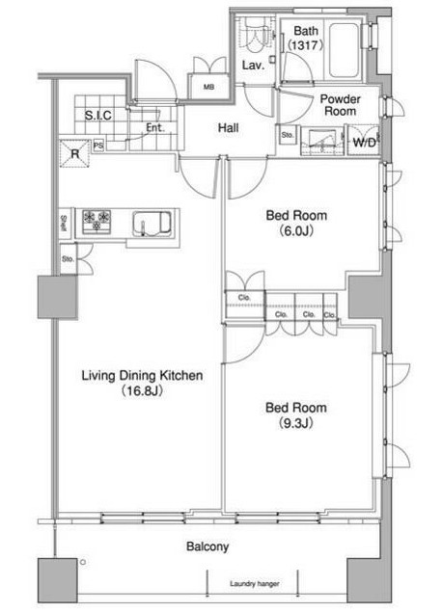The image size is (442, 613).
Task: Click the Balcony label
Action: tap(207, 546)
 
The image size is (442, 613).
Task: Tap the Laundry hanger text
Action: tap(255, 584)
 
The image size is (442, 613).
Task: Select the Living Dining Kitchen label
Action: tap(142, 376)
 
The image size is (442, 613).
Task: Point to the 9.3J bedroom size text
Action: tap(296, 423)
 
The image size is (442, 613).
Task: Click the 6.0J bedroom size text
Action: tap(296, 231)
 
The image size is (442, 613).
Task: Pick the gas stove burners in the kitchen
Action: tap(97, 222)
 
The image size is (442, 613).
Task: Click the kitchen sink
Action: tap(152, 224)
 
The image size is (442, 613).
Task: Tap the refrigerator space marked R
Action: tap(74, 153)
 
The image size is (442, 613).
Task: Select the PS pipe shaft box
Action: tap(98, 146)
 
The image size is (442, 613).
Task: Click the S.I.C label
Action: tap(98, 116)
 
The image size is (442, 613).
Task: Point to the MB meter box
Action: tap(208, 87)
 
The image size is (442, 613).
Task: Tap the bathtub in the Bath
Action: tap(344, 50)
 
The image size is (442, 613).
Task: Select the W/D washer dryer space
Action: tap(364, 141)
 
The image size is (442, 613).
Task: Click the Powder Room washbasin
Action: tap(321, 141)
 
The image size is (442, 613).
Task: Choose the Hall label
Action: tap(229, 128)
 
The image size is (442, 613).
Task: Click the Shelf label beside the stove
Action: tap(64, 224)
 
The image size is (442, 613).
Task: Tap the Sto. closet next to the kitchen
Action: tap(69, 259)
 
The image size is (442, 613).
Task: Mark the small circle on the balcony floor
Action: tap(83, 563)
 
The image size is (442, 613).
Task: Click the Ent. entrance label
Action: tap(155, 127)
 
